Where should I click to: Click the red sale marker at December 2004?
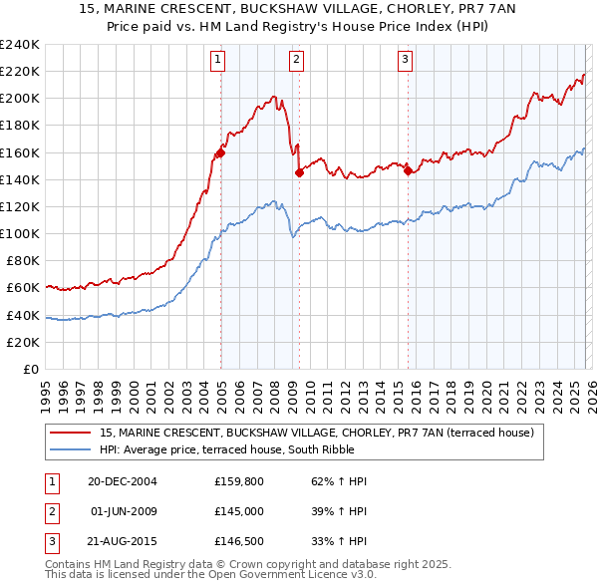coord(220,152)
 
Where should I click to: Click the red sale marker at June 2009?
coord(299,172)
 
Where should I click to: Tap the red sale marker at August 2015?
coord(408,170)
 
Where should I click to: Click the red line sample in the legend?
coord(71,433)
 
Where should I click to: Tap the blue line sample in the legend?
coord(71,449)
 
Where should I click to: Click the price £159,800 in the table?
coord(241,481)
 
